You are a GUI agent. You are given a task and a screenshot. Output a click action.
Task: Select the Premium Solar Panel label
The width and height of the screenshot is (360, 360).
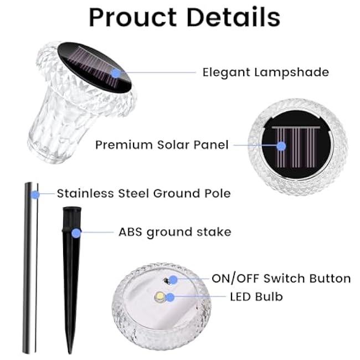[162, 145]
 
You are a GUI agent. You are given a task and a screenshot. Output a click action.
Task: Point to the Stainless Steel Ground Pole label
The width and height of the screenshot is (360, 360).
[143, 194]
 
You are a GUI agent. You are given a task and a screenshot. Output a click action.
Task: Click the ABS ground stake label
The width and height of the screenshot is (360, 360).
[175, 232]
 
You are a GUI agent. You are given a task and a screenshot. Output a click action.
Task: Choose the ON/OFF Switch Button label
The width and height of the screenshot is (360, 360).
[281, 278]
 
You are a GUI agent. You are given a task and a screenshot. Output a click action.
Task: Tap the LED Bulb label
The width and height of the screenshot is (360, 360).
[256, 297]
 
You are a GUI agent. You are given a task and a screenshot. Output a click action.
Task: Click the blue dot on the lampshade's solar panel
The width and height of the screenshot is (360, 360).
[115, 72]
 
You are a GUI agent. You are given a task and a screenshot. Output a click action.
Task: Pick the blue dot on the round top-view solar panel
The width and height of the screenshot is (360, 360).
[281, 146]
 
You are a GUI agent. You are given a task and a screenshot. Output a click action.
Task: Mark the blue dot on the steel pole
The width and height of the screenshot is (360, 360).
[34, 194]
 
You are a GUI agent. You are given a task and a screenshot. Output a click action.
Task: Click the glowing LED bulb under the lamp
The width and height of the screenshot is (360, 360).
[160, 298]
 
